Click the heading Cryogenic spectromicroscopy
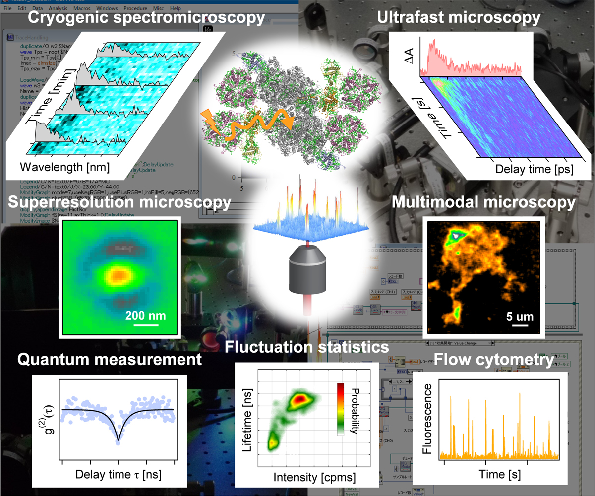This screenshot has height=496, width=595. click(x=146, y=19)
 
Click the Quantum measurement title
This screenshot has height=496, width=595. click(x=110, y=359)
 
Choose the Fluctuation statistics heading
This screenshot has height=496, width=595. click(x=306, y=347)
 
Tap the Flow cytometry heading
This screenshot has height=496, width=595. click(x=493, y=360)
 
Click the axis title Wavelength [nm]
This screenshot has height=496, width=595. click(x=64, y=166)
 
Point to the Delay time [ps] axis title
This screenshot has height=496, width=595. click(x=535, y=169)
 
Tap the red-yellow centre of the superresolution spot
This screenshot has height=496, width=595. click(x=118, y=274)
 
